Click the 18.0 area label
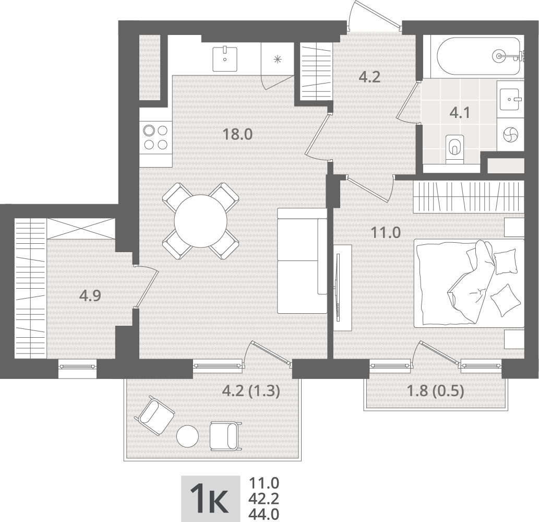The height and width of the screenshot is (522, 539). pyautogui.click(x=237, y=134)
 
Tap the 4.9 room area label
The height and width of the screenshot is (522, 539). pyautogui.click(x=90, y=295)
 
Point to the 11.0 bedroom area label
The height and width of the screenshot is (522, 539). pyautogui.click(x=386, y=233)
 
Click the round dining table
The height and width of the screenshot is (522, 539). pyautogui.click(x=200, y=221)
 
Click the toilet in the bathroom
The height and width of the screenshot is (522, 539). pyautogui.click(x=454, y=148)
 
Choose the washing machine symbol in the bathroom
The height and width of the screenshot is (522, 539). pyautogui.click(x=510, y=134)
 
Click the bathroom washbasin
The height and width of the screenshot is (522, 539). pyautogui.click(x=510, y=99)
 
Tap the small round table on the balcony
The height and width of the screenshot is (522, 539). pyautogui.click(x=188, y=436)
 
